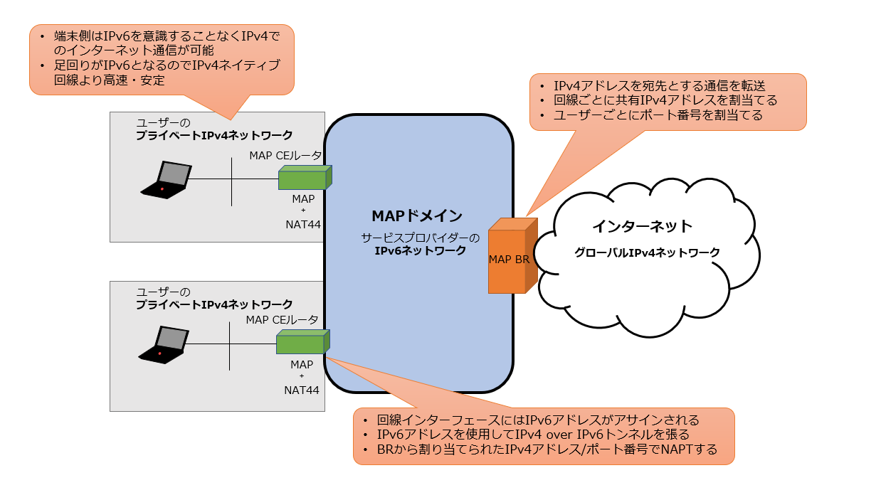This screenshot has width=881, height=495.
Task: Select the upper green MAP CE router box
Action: pos(302,179)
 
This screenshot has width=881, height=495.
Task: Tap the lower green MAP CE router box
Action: pos(301,344)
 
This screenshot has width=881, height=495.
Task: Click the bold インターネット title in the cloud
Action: pos(642,226)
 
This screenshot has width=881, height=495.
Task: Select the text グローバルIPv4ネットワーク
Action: pos(647,252)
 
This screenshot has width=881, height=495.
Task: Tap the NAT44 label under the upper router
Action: pos(302,225)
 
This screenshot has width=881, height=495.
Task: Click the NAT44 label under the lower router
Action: pos(301,390)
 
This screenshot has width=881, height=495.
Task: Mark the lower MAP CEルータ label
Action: pos(282,320)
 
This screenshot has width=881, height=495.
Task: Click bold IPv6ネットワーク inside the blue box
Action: pos(420,250)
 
